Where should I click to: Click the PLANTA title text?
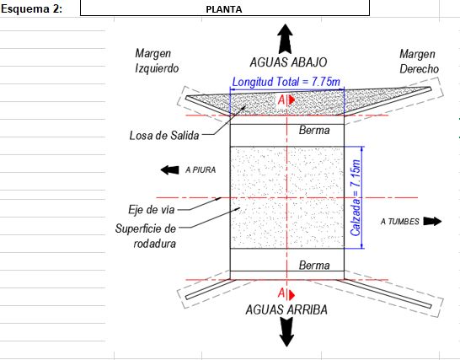point(224,9)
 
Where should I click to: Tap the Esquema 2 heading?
point(31,8)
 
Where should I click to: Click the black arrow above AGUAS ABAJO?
point(285,39)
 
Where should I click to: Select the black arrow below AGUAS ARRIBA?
point(286,332)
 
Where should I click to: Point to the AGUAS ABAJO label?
point(288,62)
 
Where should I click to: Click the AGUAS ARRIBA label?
point(286,309)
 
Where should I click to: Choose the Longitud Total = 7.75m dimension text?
point(286,82)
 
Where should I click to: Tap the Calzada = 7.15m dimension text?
point(356,197)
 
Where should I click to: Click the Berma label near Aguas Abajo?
point(314,130)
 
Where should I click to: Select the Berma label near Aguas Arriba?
point(314,266)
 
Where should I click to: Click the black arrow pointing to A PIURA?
point(170,169)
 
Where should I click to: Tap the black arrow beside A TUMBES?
point(432,221)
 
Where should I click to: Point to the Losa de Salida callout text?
point(164,136)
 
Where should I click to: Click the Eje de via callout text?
point(152,210)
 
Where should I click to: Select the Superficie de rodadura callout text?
point(146,236)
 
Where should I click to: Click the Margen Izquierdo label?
point(157,61)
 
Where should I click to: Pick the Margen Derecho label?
point(420,62)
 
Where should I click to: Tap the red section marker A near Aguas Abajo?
point(286,100)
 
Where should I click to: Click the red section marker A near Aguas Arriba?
point(286,293)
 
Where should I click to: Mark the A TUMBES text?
point(400,222)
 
